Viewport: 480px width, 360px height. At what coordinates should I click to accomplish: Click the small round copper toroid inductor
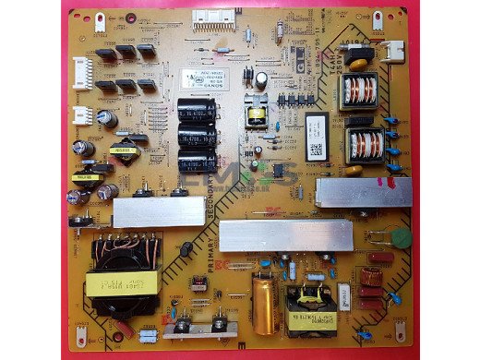(x=372, y=276)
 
